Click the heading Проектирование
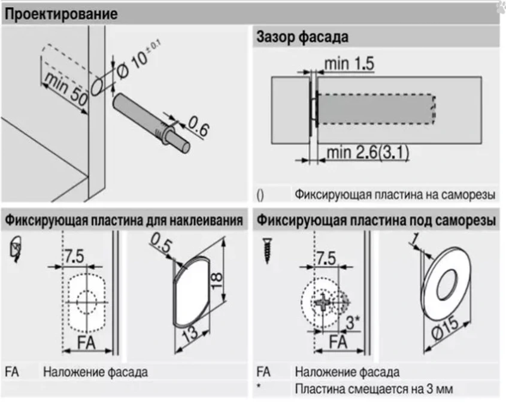click(61, 13)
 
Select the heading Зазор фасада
click(302, 37)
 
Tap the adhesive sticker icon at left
click(17, 250)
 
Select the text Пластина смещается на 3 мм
click(374, 389)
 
